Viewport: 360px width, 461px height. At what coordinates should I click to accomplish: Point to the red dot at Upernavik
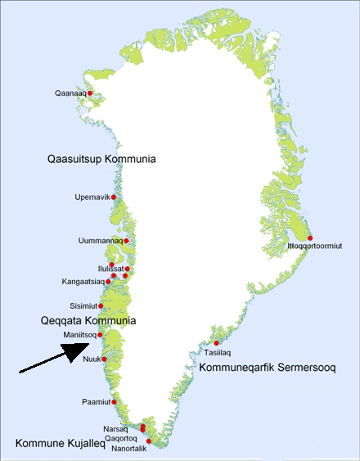pyautogui.click(x=113, y=197)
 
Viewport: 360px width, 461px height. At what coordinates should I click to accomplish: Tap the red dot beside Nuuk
pyautogui.click(x=104, y=359)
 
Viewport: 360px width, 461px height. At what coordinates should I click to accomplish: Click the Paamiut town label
pyautogui.click(x=96, y=403)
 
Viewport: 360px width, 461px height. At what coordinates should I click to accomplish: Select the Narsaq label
pyautogui.click(x=115, y=427)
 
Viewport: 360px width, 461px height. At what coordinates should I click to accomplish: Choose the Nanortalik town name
pyautogui.click(x=119, y=448)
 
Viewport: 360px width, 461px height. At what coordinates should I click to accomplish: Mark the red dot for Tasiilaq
pyautogui.click(x=217, y=343)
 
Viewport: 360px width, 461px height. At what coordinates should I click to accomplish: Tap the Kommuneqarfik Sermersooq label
pyautogui.click(x=268, y=367)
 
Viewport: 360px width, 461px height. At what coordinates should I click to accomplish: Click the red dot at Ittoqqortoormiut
pyautogui.click(x=310, y=237)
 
